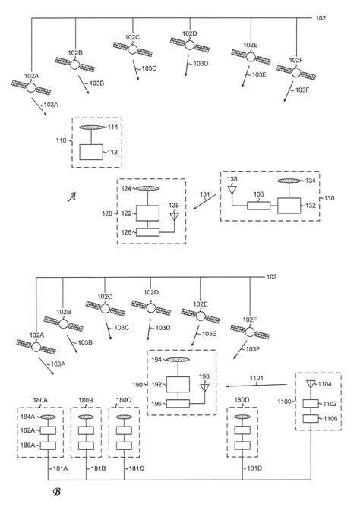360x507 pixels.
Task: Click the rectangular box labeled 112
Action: click(x=95, y=153)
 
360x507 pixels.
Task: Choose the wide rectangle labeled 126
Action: click(x=151, y=231)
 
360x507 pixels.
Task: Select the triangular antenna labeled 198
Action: click(x=203, y=391)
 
